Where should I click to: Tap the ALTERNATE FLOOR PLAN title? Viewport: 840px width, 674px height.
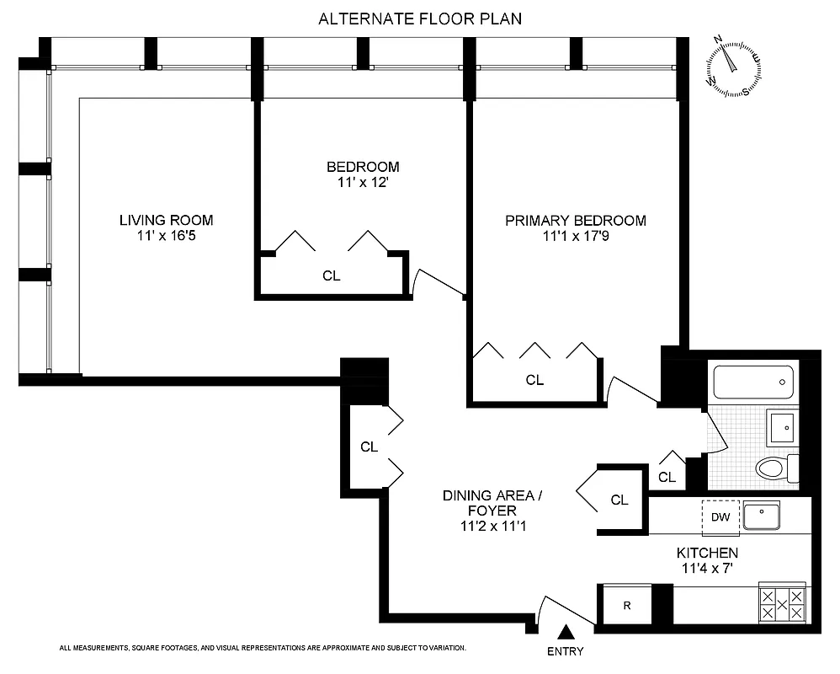coord(420,19)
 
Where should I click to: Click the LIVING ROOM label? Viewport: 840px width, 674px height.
coord(166,221)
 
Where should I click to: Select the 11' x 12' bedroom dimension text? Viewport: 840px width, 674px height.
coord(362,183)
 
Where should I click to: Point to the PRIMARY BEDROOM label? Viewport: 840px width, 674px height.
coord(576,221)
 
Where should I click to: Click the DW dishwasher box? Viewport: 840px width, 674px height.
coord(720,517)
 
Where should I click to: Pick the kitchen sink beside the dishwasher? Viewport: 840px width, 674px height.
coord(762,515)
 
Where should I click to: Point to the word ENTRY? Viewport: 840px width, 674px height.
coord(565,651)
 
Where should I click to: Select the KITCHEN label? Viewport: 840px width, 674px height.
coord(707,553)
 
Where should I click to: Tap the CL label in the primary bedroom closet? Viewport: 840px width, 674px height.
coord(534,380)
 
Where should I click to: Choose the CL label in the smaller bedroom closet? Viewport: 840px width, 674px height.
coord(332,275)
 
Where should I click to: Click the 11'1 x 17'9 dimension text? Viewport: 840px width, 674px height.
coord(576,237)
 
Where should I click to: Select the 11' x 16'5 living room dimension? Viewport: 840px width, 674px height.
coord(166,237)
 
